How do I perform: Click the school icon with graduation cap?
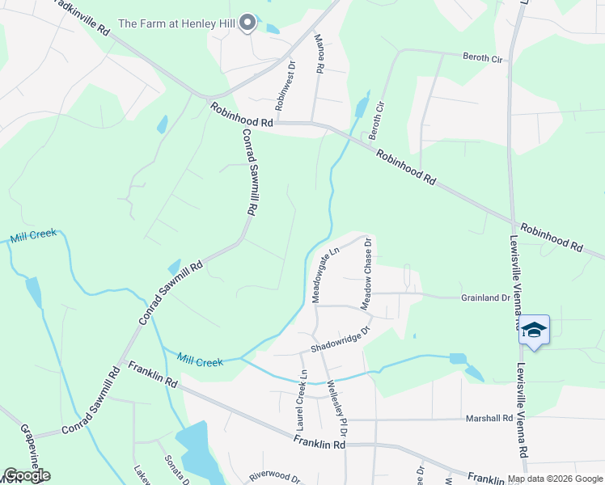534,330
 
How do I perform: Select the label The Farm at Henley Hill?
176,23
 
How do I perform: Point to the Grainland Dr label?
485,297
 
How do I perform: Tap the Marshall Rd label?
489,419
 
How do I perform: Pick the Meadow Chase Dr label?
366,273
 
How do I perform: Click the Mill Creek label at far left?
33,235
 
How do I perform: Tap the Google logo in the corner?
26,476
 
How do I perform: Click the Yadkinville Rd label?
81,16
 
